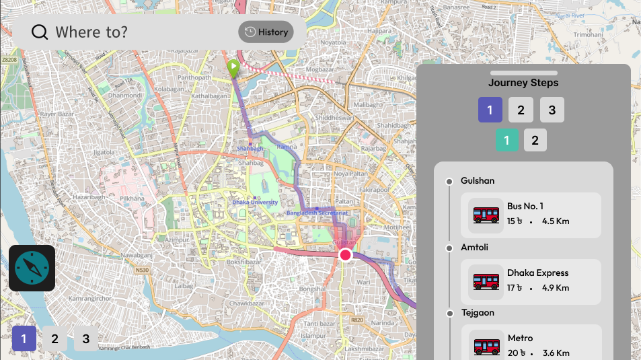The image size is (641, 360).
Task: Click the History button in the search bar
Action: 266,32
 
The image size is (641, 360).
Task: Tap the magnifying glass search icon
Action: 40,32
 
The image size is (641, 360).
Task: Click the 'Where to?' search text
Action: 91,32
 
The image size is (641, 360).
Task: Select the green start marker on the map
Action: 232,67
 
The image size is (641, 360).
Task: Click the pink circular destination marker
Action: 346,254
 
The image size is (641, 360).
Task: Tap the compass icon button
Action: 32,268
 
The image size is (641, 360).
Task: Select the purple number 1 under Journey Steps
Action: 490,110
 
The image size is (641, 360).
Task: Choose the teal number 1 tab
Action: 506,140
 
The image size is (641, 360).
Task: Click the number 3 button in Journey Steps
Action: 552,110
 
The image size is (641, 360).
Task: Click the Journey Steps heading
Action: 523,83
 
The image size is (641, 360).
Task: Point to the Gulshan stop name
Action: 478,180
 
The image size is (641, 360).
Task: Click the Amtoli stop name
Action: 474,247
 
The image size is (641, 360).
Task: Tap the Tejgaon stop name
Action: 478,312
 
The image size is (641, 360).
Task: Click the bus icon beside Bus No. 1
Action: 486,215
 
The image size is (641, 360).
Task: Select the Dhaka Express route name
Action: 537,273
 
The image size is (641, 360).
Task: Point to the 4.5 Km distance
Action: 556,221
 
